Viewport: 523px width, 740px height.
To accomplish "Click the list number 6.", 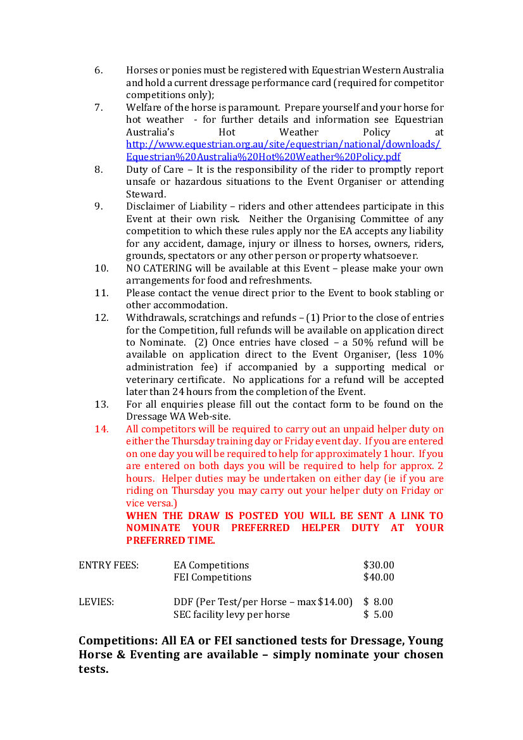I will click(x=98, y=70).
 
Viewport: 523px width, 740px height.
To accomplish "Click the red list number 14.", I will click(x=101, y=429).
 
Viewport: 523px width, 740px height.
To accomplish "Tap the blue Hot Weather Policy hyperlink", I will click(x=283, y=151).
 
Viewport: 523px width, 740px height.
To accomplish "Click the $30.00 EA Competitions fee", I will click(x=379, y=565).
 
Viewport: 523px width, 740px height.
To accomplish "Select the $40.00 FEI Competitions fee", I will click(x=379, y=577).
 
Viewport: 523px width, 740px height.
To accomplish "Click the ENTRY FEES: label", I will click(x=108, y=565).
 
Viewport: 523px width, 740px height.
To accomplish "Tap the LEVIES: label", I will click(x=96, y=602).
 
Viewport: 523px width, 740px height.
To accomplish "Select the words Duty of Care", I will click(x=149, y=170).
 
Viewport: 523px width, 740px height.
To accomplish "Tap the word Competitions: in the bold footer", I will click(x=119, y=641).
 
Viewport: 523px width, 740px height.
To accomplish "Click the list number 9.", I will click(x=98, y=206).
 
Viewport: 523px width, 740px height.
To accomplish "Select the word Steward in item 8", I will click(x=145, y=194).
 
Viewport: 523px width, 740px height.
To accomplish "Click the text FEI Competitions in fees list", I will click(x=212, y=577).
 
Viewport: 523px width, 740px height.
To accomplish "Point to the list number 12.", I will click(x=101, y=318).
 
